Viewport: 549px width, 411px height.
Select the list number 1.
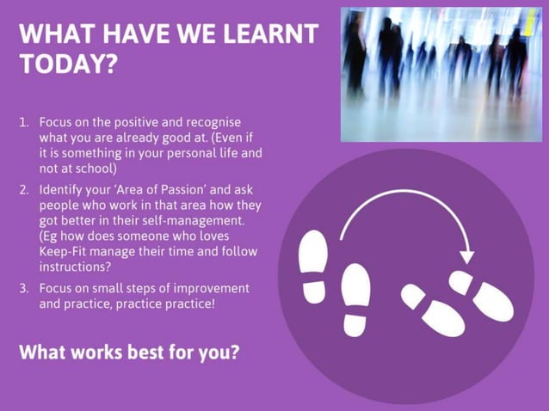tap(24, 122)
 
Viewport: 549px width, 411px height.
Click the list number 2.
tap(24, 189)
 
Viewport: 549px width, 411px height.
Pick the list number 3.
tap(24, 288)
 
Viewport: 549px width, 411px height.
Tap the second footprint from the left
tap(355, 298)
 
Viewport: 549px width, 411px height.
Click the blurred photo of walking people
tap(441, 74)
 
